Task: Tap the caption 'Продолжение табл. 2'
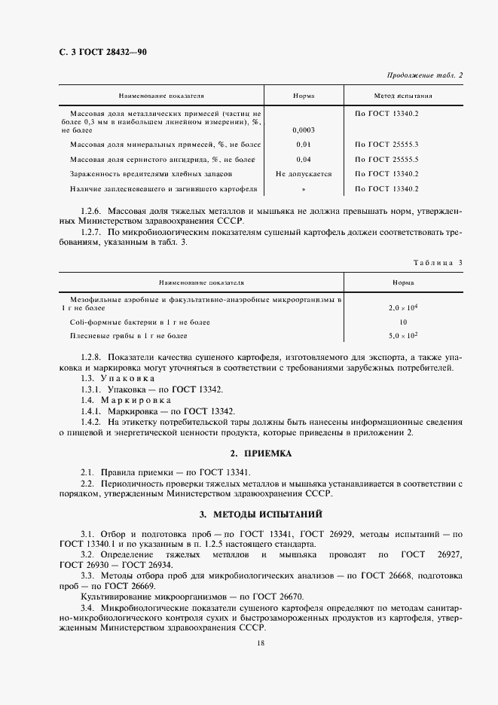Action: (x=425, y=75)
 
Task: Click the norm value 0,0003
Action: (x=304, y=130)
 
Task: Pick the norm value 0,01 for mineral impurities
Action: (x=304, y=143)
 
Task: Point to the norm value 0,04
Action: (x=304, y=159)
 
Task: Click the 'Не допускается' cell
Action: (x=304, y=173)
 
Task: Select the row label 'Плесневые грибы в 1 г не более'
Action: (x=128, y=335)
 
